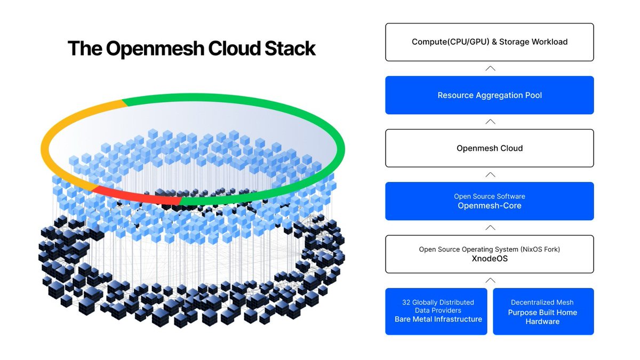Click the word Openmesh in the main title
point(155,49)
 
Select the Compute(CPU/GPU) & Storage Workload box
point(489,42)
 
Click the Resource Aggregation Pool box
point(489,95)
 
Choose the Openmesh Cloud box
point(489,148)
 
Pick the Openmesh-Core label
point(489,206)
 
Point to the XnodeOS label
point(489,259)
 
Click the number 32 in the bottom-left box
point(407,302)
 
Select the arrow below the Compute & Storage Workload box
point(490,68)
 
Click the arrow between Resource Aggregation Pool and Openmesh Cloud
point(490,122)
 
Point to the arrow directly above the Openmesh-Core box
point(490,174)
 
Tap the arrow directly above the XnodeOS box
point(490,228)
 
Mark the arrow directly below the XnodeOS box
point(490,281)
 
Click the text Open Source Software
point(489,196)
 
